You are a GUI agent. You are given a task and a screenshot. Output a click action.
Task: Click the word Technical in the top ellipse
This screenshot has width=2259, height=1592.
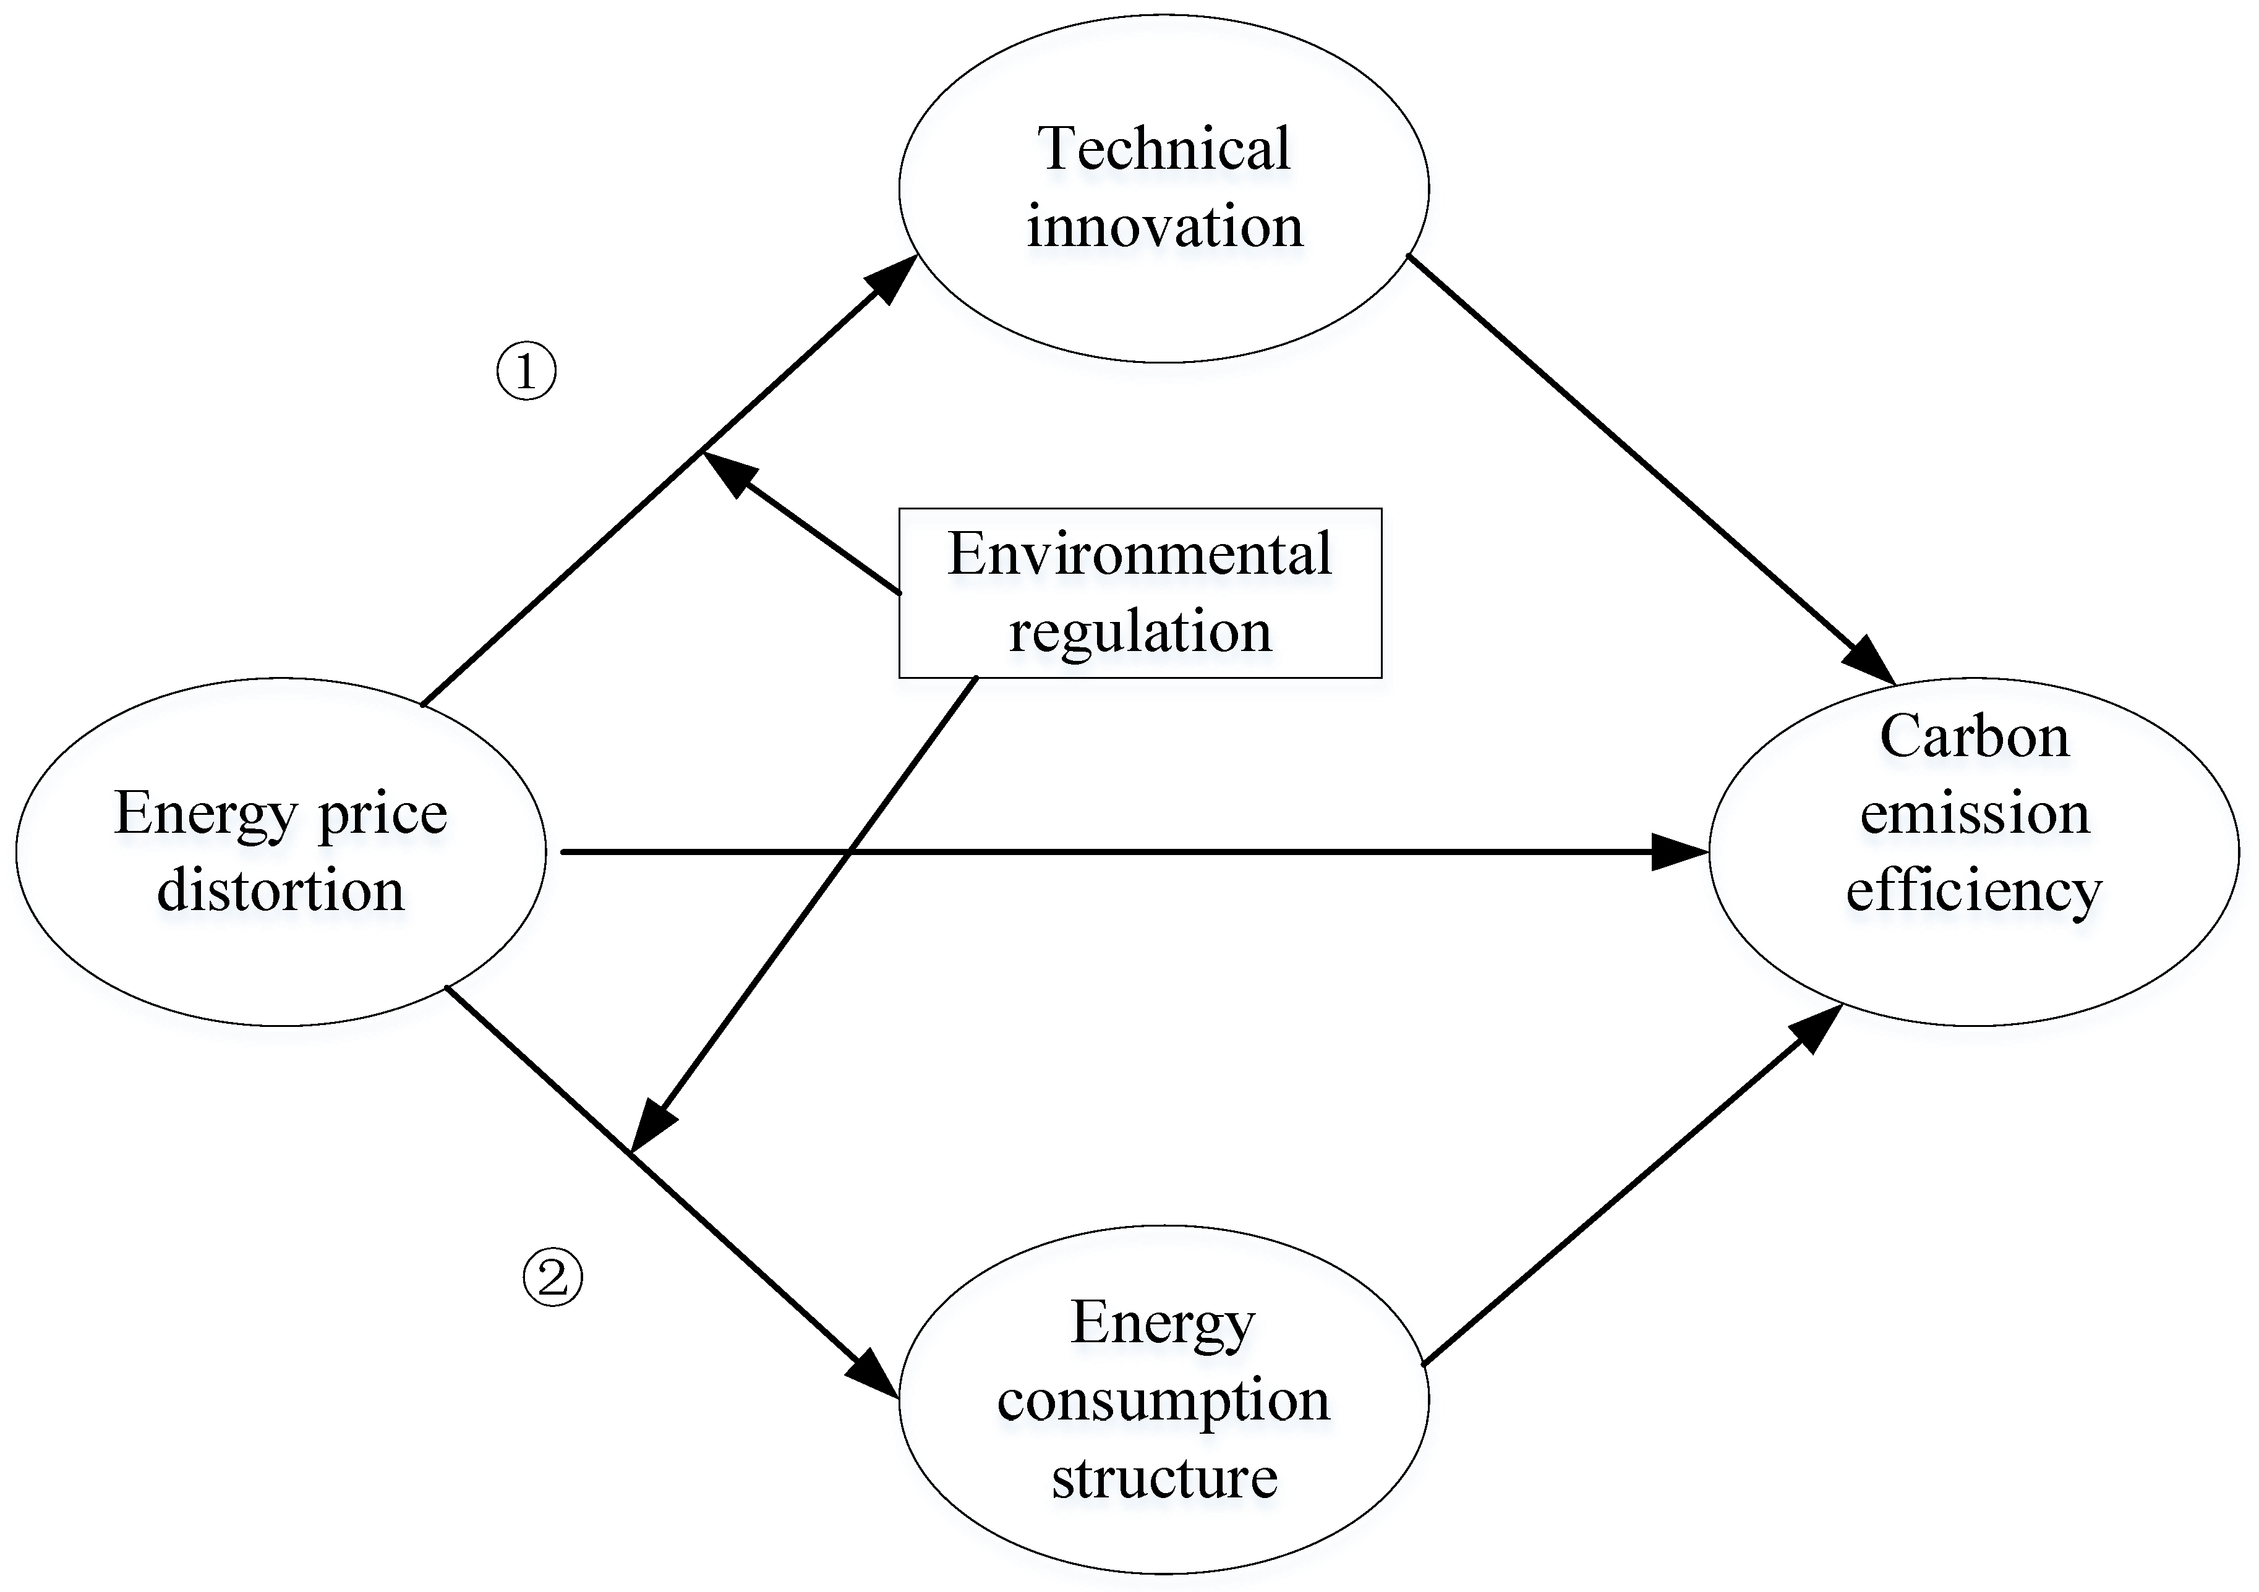tap(1163, 150)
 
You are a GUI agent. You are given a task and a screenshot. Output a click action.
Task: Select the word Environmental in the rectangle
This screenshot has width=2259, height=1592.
tap(1139, 554)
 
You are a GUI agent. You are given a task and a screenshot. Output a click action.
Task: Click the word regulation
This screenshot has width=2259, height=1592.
tap(1139, 632)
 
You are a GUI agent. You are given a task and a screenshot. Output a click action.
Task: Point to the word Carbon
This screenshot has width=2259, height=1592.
tap(1974, 737)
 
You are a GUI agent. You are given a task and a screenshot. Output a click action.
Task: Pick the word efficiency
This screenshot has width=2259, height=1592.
tap(1974, 890)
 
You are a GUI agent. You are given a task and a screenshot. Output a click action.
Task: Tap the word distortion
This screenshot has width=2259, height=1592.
tap(280, 890)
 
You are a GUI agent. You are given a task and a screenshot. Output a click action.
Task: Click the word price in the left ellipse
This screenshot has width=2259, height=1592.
tap(382, 815)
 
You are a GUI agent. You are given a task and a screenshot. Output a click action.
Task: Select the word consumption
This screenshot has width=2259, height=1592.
tap(1163, 1401)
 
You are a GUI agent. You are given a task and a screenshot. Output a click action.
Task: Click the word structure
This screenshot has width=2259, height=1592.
tap(1164, 1478)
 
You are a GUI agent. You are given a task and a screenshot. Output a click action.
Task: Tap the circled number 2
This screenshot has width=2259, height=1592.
tap(552, 1277)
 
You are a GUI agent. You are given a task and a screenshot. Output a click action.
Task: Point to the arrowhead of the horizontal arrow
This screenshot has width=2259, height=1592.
tap(1678, 852)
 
